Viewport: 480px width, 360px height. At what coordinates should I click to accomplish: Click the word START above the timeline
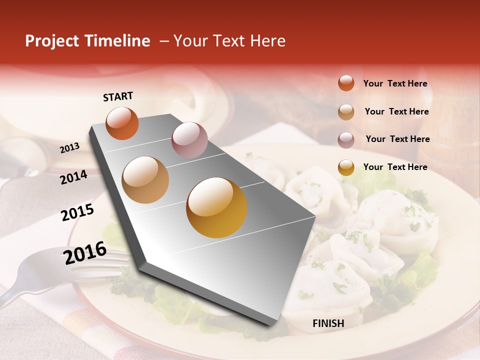click(118, 96)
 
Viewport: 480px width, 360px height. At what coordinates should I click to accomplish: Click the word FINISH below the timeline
click(328, 323)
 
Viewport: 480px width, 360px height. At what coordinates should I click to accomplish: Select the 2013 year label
click(70, 147)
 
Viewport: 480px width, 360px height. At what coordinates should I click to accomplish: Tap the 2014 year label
click(74, 177)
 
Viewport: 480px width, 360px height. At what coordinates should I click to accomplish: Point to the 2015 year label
click(77, 212)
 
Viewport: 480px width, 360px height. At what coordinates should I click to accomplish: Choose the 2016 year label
click(85, 252)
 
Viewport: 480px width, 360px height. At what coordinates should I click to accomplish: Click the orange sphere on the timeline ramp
click(122, 123)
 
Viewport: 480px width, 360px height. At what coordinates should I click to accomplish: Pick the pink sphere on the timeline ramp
click(189, 140)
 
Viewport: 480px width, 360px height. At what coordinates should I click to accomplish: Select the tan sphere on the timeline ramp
click(145, 180)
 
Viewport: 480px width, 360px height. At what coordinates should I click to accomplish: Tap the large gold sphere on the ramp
click(216, 207)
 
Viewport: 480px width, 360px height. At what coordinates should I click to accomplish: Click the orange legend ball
click(346, 83)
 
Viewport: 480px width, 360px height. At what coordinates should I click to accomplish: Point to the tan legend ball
click(346, 112)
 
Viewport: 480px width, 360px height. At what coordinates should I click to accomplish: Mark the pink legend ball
click(346, 140)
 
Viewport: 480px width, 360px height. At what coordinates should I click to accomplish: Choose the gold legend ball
click(346, 167)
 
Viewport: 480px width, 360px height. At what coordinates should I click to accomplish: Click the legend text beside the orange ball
click(395, 83)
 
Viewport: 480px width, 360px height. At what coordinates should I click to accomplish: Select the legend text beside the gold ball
click(395, 167)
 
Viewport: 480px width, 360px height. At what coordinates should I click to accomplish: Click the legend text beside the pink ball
click(397, 139)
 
